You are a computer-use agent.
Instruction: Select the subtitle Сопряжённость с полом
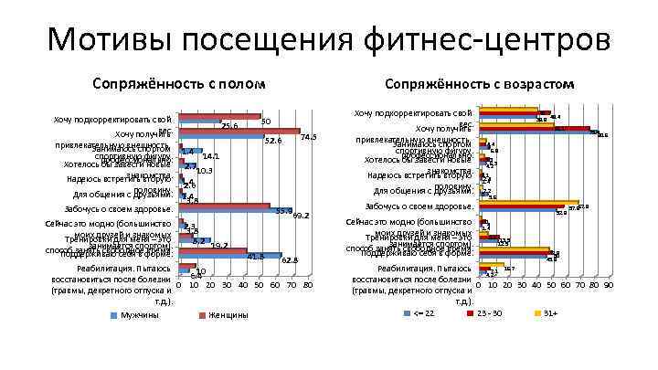[x=179, y=84]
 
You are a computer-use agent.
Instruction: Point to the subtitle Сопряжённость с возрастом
[x=479, y=84]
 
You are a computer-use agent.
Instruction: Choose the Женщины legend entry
[x=224, y=315]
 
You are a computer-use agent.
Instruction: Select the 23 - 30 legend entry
[x=489, y=314]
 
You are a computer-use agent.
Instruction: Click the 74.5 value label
[x=308, y=137]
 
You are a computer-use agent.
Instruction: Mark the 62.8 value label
[x=291, y=261]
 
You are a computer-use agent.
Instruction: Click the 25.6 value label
[x=230, y=125]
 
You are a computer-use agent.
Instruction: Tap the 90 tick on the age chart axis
[x=608, y=286]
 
